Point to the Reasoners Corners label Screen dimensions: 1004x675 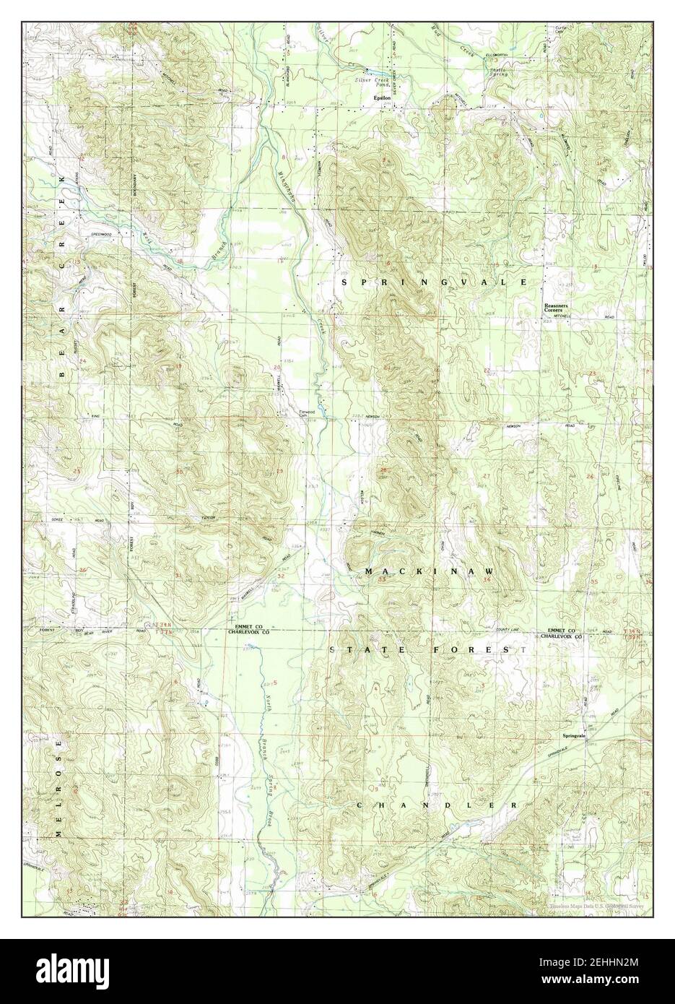pos(558,308)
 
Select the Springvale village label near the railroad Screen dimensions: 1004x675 pos(576,736)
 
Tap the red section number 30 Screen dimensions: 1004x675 pos(179,472)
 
